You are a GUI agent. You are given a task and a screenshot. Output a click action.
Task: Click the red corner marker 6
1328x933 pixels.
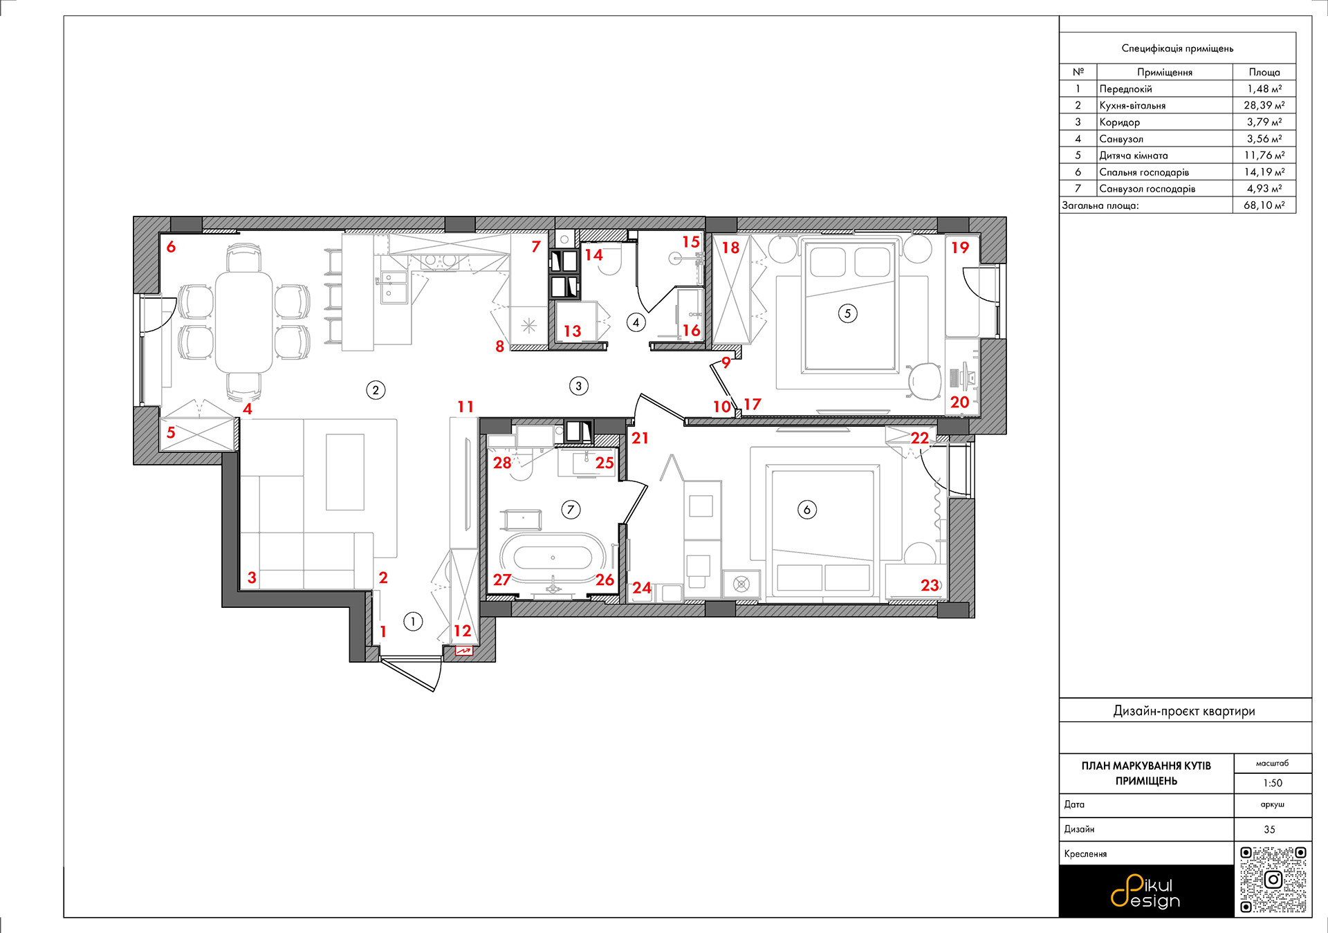tap(171, 247)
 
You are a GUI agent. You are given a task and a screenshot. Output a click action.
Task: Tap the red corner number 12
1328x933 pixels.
tap(462, 631)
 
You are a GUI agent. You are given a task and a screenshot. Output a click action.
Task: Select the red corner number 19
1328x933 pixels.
tap(960, 248)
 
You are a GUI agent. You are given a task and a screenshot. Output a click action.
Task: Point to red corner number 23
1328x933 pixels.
tap(930, 586)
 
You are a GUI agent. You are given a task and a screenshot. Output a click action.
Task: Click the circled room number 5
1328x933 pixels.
tap(847, 313)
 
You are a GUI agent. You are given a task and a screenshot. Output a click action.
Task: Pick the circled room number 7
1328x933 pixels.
tap(571, 510)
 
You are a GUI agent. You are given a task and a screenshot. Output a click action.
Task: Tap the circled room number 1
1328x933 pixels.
tap(413, 622)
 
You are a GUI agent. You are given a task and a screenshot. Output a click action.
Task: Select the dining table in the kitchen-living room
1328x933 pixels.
tap(244, 322)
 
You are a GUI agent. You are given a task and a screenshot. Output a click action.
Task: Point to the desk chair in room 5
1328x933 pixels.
tap(925, 381)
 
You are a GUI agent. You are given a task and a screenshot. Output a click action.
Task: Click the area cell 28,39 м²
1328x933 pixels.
tap(1264, 105)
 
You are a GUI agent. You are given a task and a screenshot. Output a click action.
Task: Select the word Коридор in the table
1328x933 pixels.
tap(1120, 122)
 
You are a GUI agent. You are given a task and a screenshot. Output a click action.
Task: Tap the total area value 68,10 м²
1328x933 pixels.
tap(1264, 205)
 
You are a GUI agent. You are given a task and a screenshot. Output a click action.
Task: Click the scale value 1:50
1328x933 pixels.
tap(1273, 783)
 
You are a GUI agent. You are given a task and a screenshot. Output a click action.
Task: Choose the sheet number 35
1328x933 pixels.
tap(1269, 829)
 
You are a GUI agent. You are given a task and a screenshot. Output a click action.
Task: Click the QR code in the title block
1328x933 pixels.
tap(1273, 880)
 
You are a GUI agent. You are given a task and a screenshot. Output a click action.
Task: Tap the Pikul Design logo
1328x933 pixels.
tap(1145, 892)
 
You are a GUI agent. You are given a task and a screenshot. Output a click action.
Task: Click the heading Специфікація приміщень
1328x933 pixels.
tap(1177, 48)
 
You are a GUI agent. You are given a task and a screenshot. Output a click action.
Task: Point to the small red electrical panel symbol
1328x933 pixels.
tap(463, 651)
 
